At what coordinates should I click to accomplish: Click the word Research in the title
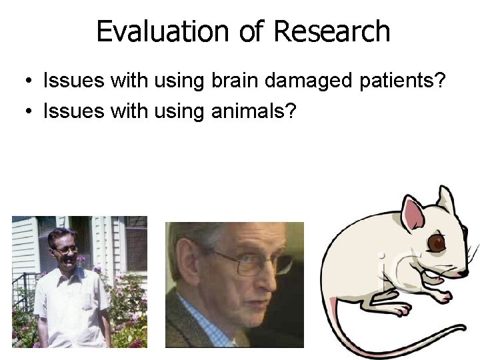coord(331,31)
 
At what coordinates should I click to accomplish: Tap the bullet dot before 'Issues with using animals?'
coord(25,111)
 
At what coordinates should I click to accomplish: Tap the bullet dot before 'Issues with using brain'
coord(25,82)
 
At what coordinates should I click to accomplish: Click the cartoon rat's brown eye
coord(437,243)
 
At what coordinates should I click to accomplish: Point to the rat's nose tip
coord(474,267)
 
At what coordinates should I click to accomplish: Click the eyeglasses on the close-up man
coord(257,263)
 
